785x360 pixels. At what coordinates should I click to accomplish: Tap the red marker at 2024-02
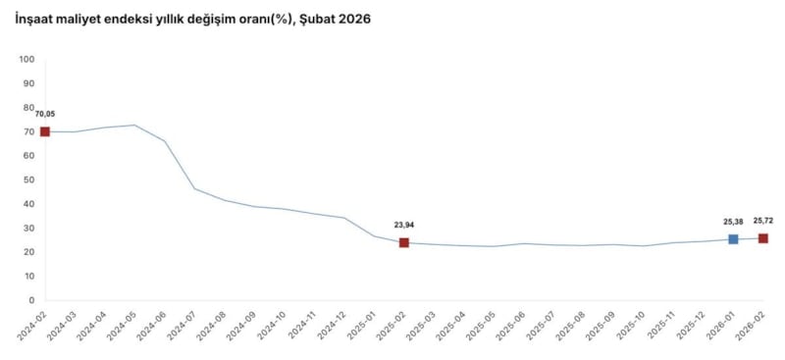[44, 131]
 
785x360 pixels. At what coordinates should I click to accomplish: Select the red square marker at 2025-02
[403, 242]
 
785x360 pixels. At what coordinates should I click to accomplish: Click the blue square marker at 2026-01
[733, 239]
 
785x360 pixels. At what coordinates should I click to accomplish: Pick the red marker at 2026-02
[762, 238]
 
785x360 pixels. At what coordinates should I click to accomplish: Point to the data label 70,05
[44, 114]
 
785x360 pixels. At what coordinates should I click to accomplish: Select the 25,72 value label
[764, 221]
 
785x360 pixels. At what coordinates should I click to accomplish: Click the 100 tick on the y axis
[26, 60]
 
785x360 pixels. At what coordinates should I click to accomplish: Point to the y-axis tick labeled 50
[29, 180]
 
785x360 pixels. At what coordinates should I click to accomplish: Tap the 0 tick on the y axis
[32, 300]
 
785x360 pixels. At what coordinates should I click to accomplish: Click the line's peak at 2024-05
[134, 125]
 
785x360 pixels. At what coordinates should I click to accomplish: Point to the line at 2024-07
[194, 188]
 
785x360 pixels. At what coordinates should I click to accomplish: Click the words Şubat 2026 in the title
[340, 19]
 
